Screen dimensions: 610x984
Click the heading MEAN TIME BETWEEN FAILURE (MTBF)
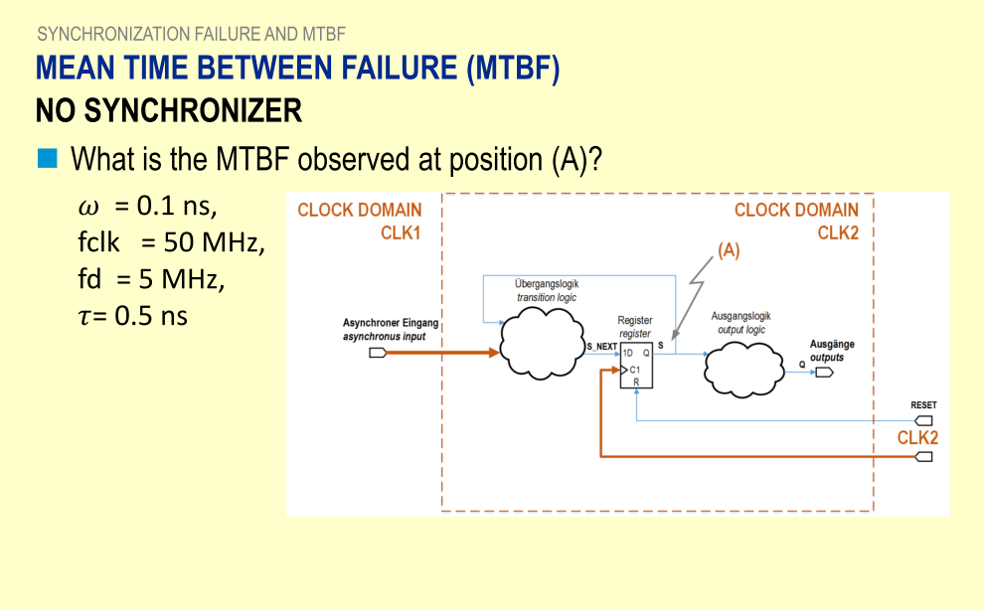[297, 69]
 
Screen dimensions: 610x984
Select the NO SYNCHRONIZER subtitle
[169, 110]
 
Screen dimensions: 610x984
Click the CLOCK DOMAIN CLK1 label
[360, 221]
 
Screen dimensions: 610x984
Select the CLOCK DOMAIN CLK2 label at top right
[796, 221]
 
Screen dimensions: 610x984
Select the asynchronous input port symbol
[379, 353]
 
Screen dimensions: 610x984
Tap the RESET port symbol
[924, 420]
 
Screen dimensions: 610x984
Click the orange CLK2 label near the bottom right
[917, 437]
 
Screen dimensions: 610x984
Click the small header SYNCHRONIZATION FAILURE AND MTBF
[191, 34]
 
